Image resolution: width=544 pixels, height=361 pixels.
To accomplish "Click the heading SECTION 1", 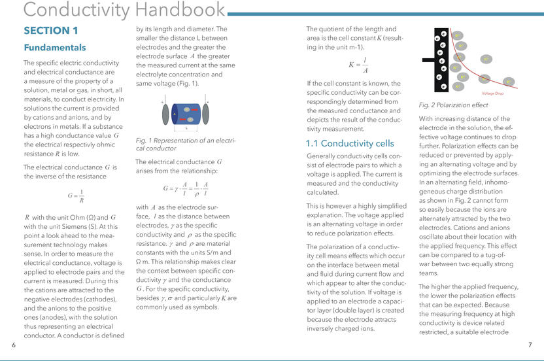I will pos(51,30).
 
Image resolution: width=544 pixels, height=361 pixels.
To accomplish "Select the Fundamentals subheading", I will pos(55,48).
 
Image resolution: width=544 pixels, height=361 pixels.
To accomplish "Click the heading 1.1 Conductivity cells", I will pos(350,143).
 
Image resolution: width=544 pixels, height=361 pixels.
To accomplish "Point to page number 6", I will pos(14,345).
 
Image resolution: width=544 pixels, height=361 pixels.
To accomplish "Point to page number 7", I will pos(530,345).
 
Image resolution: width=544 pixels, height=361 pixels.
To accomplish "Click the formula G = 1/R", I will pos(75,196).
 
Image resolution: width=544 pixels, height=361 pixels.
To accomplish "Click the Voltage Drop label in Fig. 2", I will pos(492,94).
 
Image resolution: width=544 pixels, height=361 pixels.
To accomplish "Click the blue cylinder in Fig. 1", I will pos(186,114).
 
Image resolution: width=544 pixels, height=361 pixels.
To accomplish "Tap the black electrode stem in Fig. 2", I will pos(428,60).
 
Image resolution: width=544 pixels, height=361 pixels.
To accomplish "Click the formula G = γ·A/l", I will pos(186,190).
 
